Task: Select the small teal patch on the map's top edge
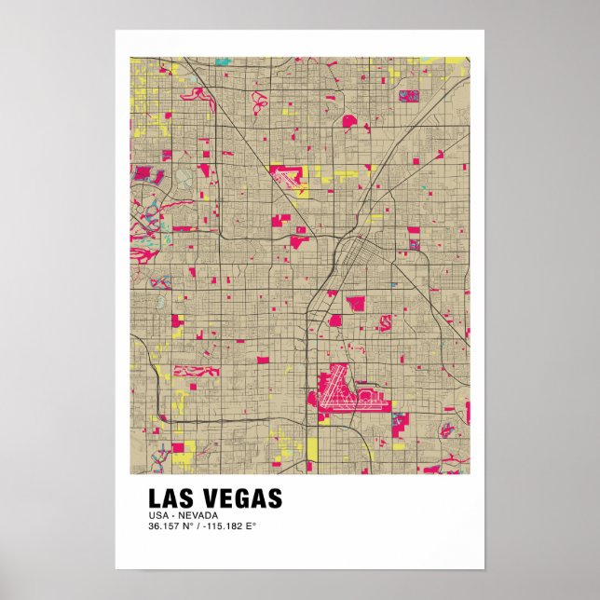[223, 61]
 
